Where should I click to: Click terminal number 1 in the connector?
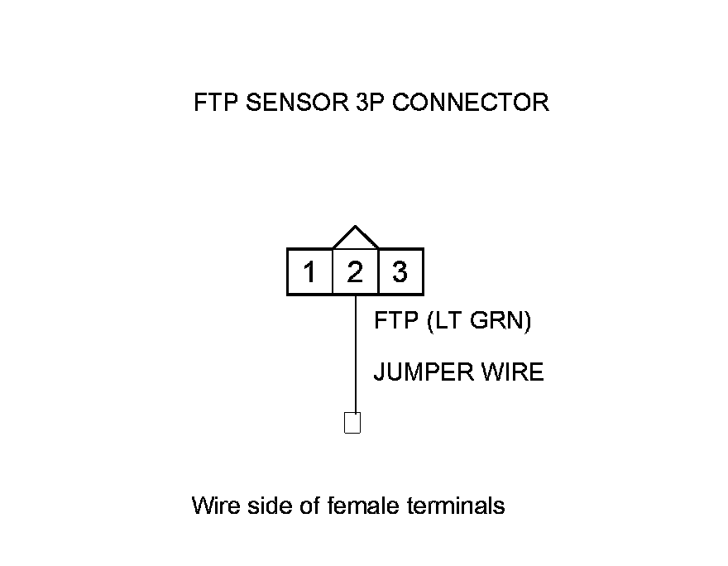309,271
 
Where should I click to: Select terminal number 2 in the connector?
355,271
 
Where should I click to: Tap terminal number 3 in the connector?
400,271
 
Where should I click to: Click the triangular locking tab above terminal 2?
355,238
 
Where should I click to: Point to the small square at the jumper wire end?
352,423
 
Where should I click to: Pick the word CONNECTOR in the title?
470,103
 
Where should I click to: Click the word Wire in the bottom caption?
213,505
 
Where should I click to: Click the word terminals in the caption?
456,505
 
